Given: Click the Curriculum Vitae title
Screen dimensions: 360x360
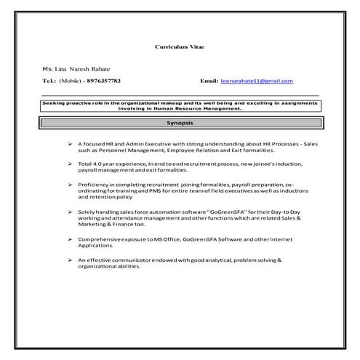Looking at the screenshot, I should click(180, 46).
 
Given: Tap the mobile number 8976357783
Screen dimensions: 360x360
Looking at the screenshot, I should click(102, 81).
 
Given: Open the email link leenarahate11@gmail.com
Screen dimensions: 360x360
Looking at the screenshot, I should click(257, 81).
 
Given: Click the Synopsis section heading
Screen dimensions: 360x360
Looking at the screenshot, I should click(180, 124).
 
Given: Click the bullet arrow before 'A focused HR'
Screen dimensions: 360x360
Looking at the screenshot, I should click(69, 144).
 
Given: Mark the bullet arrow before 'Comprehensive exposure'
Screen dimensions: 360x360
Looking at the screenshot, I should click(69, 239).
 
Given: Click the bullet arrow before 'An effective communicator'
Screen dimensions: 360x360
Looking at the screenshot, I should click(69, 260).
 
